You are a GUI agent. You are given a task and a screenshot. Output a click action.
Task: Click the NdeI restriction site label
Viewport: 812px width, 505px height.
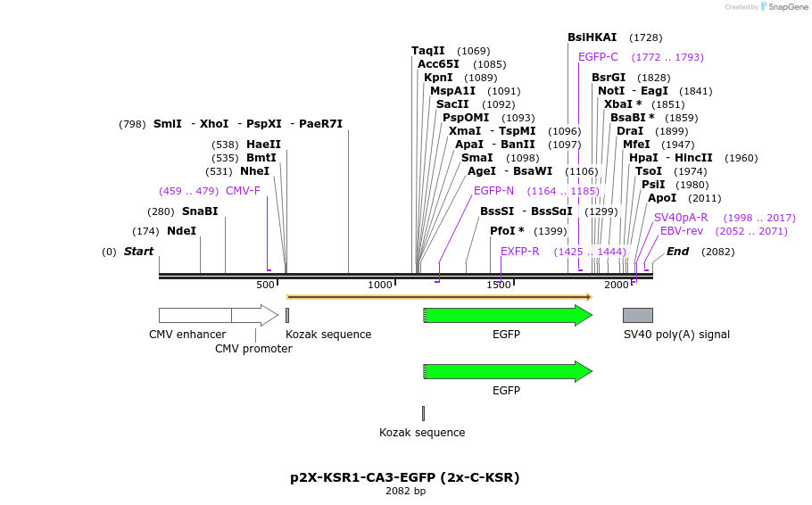tap(181, 231)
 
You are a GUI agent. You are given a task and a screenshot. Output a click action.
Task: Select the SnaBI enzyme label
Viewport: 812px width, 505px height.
tap(200, 211)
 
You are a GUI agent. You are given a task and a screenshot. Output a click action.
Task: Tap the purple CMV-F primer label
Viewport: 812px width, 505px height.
tap(243, 191)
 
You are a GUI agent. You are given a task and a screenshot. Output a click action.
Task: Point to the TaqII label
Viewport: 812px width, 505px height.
tap(427, 51)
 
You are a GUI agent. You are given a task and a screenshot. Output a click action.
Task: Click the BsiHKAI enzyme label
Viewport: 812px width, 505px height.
tap(592, 37)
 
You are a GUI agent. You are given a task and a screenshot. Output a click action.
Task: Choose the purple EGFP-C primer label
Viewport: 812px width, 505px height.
tap(598, 57)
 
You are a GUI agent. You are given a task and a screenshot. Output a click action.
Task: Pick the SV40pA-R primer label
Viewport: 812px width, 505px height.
tap(681, 218)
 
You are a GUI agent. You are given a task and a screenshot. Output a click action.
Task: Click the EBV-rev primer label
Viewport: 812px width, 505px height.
tap(682, 231)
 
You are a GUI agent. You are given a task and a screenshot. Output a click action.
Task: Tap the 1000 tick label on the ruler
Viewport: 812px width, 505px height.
tap(380, 285)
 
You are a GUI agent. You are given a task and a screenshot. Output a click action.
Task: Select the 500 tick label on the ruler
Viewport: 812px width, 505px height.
tap(265, 285)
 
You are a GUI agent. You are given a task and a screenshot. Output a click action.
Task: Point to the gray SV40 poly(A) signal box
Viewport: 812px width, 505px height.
tap(637, 315)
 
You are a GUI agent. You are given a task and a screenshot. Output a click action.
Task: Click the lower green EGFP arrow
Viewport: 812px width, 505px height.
tap(507, 371)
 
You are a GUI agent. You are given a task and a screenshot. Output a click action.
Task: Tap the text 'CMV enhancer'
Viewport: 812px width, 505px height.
tap(187, 335)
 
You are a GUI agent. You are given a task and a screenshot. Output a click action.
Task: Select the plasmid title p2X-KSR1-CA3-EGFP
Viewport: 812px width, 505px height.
tap(405, 477)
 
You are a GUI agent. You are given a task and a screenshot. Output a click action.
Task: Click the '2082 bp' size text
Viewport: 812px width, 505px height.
tap(405, 491)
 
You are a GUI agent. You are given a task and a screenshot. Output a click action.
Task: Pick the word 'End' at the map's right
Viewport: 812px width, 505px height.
tap(677, 252)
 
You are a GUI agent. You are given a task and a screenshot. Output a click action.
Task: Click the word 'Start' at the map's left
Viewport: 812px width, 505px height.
tap(138, 252)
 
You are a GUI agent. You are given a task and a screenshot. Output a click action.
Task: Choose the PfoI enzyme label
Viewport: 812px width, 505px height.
tap(506, 231)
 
